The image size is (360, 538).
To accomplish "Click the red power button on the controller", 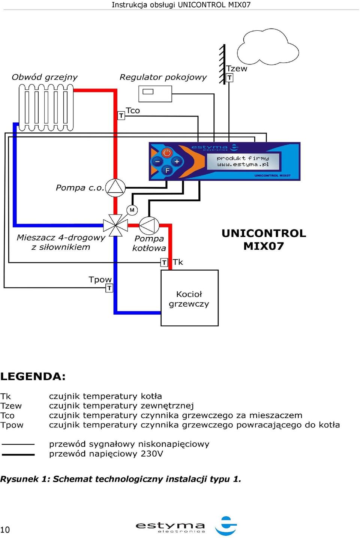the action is pyautogui.click(x=167, y=153).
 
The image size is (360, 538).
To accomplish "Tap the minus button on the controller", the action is pyautogui.click(x=157, y=161).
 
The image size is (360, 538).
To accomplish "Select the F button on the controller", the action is pyautogui.click(x=167, y=170).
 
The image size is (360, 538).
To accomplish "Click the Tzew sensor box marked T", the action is pyautogui.click(x=229, y=78).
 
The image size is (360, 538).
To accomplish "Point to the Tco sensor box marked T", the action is pyautogui.click(x=121, y=115).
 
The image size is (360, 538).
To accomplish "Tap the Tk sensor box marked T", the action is pyautogui.click(x=164, y=262).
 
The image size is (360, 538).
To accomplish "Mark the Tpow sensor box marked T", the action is pyautogui.click(x=109, y=288).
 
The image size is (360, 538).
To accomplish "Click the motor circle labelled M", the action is pyautogui.click(x=132, y=210).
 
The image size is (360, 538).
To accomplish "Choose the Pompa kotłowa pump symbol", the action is pyautogui.click(x=149, y=225).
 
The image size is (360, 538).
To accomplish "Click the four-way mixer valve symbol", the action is pyautogui.click(x=115, y=225).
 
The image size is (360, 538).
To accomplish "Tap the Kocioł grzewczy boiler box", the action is pyautogui.click(x=189, y=298).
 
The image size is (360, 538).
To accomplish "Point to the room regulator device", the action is pyautogui.click(x=155, y=94).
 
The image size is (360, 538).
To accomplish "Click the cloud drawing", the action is pyautogui.click(x=268, y=46).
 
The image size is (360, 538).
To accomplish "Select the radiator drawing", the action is pyautogui.click(x=46, y=108).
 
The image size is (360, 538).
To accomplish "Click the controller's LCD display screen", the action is pyautogui.click(x=243, y=161).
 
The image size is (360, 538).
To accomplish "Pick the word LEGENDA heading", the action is pyautogui.click(x=33, y=376).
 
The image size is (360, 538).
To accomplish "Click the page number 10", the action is pyautogui.click(x=5, y=530).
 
